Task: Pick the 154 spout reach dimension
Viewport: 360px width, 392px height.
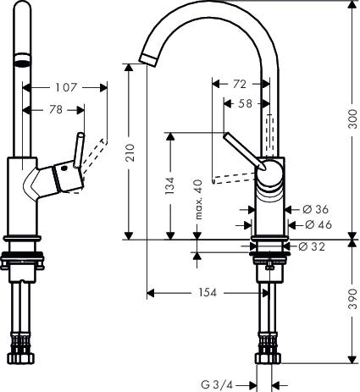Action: (x=206, y=293)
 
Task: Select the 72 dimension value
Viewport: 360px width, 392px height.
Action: (x=241, y=85)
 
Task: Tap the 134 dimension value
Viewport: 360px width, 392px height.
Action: (x=169, y=185)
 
